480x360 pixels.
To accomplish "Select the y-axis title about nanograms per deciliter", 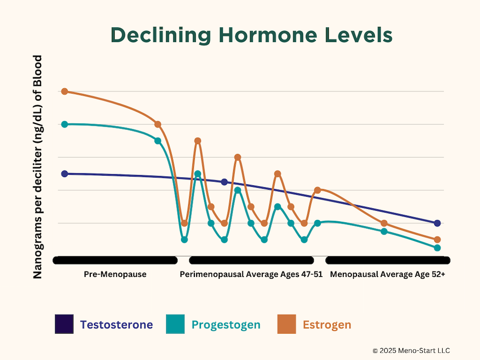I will pos(37,167).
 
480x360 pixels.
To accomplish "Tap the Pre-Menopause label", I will pos(115,275).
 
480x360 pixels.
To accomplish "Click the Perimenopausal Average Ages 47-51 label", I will pos(251,275).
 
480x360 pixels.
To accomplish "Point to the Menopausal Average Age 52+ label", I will pos(387,275).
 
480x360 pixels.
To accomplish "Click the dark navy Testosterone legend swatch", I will pos(64,324).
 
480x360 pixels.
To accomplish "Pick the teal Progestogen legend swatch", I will pos(175,324).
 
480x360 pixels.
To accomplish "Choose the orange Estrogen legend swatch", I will pos(287,324).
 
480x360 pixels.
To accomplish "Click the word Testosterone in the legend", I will pos(116,324).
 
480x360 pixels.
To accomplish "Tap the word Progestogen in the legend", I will pos(226,324).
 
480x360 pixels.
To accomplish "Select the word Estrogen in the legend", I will pos(327,324).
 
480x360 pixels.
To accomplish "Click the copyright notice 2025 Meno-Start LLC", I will pos(411,350).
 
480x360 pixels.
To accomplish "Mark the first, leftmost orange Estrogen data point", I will pos(64,91).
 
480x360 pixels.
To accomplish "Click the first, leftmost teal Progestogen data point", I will pos(64,124).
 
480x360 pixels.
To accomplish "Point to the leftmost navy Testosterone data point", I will pos(64,174).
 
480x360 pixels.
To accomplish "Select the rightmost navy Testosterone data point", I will pos(437,223).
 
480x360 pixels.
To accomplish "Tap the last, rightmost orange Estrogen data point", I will pos(437,240).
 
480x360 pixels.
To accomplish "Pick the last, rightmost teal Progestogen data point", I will pos(437,248).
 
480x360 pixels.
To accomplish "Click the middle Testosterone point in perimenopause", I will pos(224,182).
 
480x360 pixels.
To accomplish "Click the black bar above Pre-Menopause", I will pos(115,260).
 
